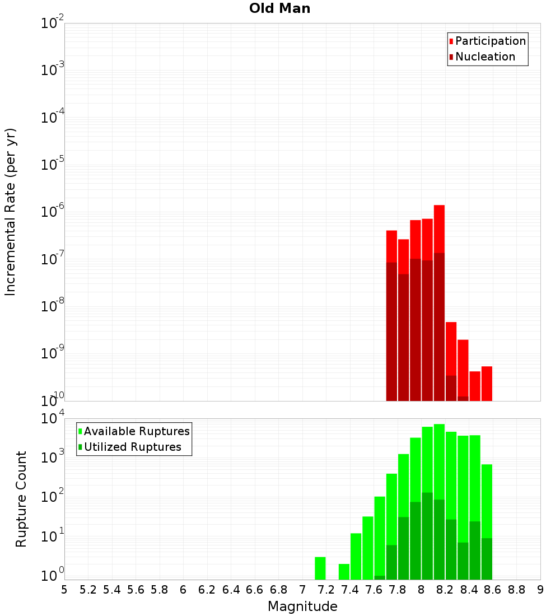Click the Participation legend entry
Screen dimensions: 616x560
point(490,41)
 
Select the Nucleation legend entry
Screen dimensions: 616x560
point(485,57)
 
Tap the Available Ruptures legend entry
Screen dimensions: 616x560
point(137,431)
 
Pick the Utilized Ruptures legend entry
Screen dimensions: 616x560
point(132,447)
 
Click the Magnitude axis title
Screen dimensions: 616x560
point(302,606)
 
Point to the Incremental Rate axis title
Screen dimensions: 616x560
point(11,212)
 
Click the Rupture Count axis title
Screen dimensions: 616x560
point(21,499)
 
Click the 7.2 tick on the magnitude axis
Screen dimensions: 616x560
point(326,590)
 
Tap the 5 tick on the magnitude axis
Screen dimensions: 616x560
point(64,590)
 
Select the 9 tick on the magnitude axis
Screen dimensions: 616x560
point(540,590)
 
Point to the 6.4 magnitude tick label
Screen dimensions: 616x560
point(231,590)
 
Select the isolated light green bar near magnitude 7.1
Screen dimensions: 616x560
point(320,568)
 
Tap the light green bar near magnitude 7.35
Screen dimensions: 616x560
point(344,571)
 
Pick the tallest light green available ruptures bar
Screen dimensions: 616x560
point(439,459)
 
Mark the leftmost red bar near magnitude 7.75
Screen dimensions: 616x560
point(391,246)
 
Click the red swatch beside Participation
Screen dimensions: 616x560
point(451,41)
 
